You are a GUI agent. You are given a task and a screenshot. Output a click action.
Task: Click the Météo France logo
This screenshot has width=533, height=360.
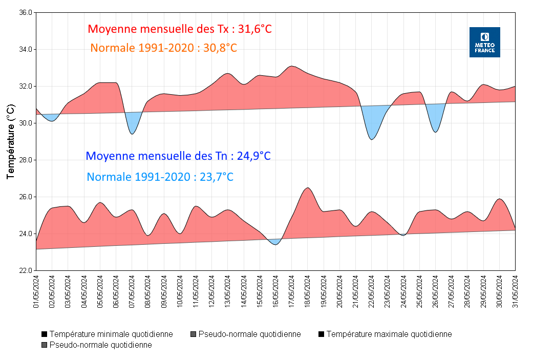tap(484, 42)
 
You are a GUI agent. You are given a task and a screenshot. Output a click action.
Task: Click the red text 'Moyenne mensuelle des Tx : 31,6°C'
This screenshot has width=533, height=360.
tap(180, 29)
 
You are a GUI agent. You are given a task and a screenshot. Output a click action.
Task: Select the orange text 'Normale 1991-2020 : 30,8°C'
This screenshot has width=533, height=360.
tap(163, 48)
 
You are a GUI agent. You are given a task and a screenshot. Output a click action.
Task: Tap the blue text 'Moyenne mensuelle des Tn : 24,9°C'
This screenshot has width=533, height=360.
tap(178, 156)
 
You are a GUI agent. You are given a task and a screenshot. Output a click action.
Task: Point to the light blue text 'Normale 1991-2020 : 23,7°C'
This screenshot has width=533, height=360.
tap(160, 177)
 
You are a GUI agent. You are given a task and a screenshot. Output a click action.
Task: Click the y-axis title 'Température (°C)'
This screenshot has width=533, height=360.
tap(11, 141)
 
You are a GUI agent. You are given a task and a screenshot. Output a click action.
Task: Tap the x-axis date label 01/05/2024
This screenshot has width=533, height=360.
tap(36, 291)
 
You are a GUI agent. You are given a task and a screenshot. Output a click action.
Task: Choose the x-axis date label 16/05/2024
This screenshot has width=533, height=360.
tap(275, 291)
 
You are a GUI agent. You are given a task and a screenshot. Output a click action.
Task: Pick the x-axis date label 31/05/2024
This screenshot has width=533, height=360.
tap(515, 291)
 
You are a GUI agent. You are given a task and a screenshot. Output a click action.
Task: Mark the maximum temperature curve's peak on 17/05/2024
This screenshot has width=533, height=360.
tap(291, 66)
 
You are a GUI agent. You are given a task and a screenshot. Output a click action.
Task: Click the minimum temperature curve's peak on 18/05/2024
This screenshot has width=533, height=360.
tap(307, 188)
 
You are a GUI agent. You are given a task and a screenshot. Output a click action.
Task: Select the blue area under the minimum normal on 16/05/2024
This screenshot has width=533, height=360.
tap(275, 241)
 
